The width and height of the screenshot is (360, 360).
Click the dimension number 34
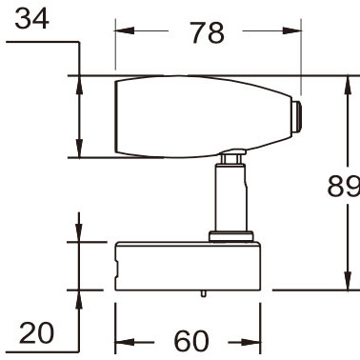click(x=31, y=19)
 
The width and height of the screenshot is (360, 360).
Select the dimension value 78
click(x=208, y=32)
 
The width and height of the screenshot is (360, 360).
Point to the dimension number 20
click(x=36, y=332)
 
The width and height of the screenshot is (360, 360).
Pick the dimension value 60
click(x=191, y=341)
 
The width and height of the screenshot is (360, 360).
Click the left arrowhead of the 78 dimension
click(x=125, y=30)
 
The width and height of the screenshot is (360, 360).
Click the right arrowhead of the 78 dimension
click(x=291, y=30)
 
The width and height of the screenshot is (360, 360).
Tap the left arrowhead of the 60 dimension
click(x=125, y=342)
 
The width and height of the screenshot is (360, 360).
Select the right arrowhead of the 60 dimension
click(x=250, y=342)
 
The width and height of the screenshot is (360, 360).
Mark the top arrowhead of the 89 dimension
click(x=349, y=85)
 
